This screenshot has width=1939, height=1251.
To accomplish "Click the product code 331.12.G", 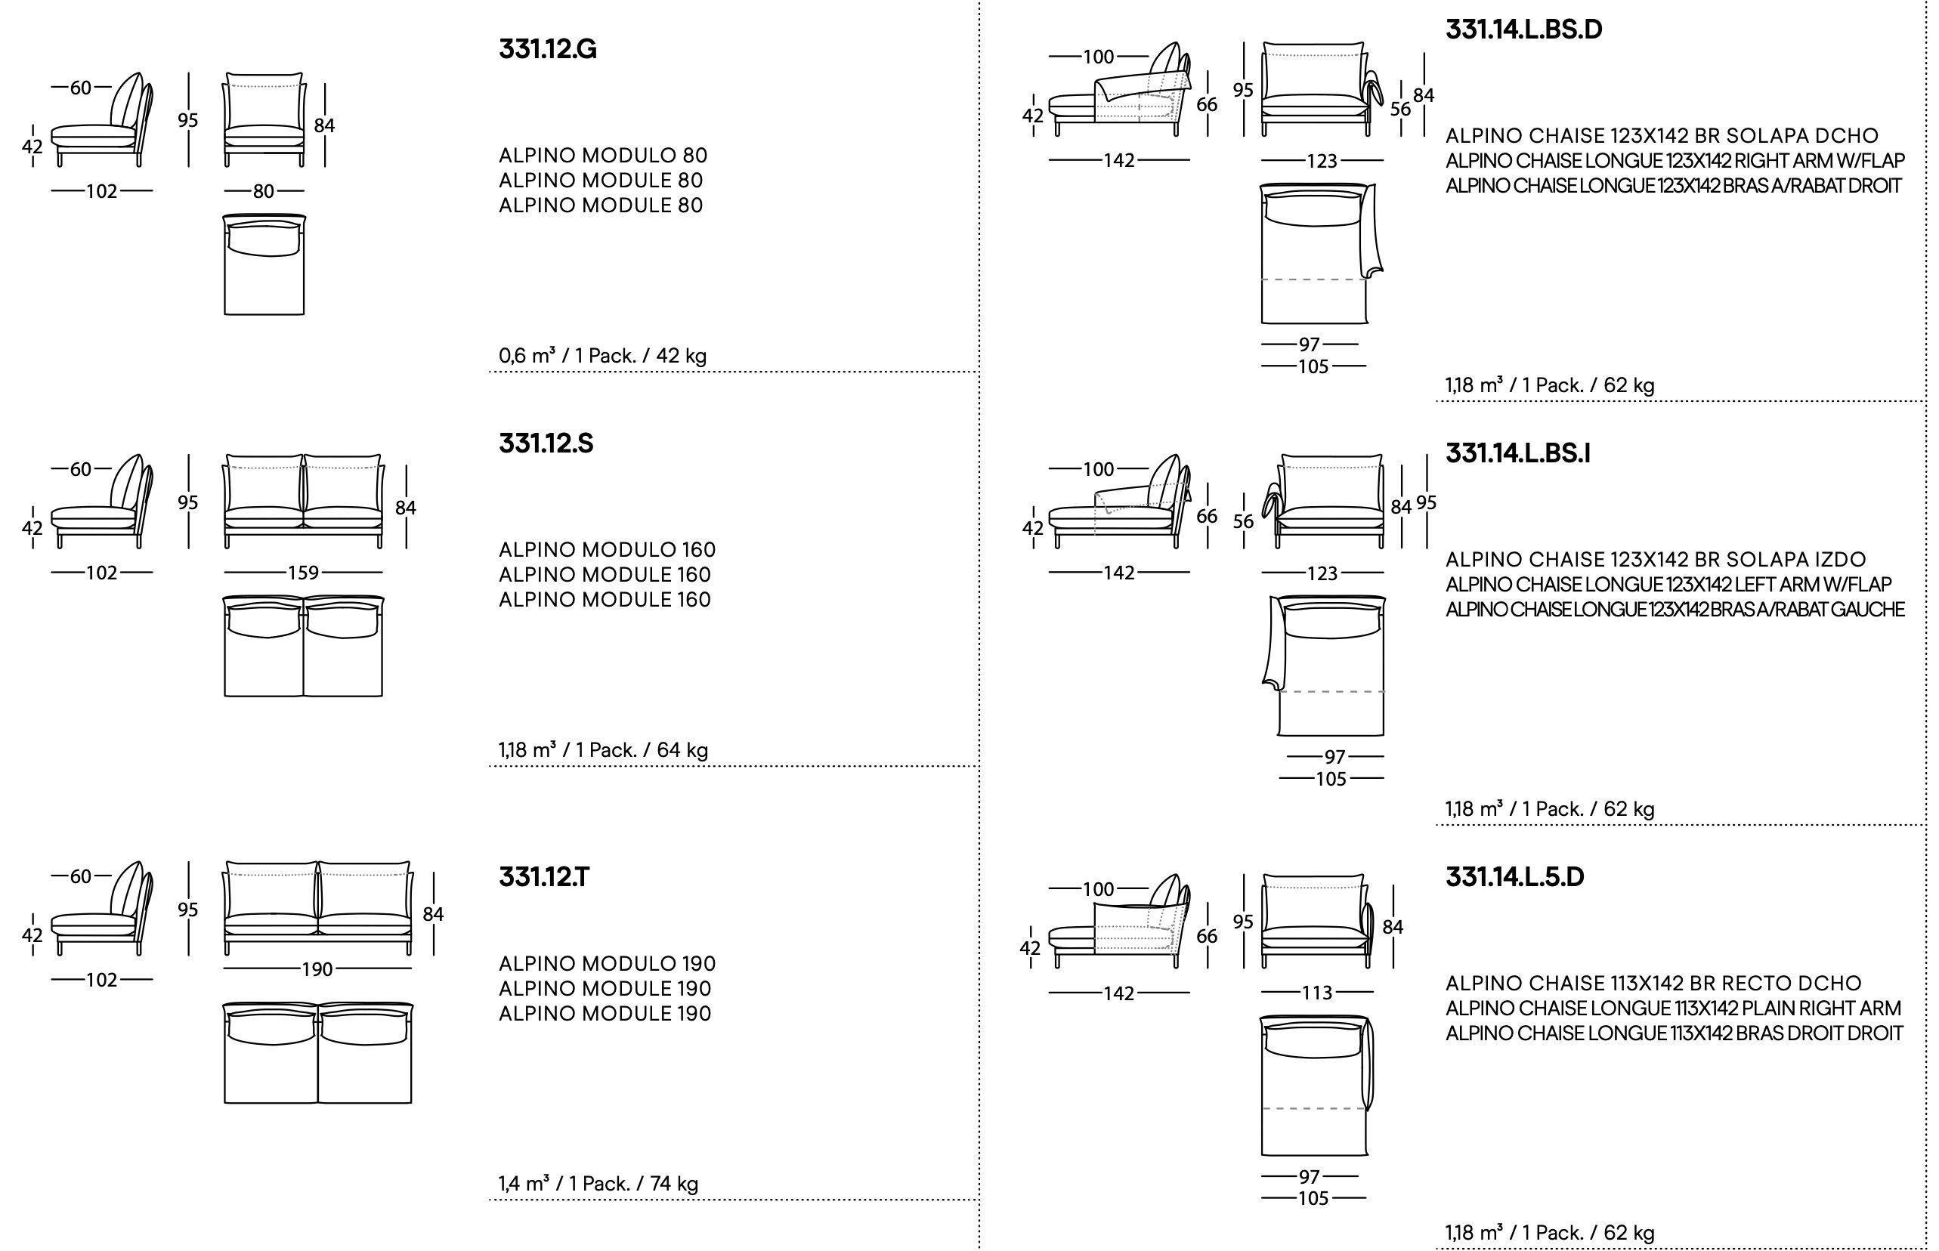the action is pos(548,50).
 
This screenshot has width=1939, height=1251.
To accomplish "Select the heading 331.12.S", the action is pos(546,443).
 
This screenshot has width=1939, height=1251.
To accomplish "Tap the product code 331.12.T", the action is pos(544,877).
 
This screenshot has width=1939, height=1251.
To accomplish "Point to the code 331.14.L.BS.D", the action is pos(1524,29).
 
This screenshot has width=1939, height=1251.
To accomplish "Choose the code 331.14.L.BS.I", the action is pos(1517,453).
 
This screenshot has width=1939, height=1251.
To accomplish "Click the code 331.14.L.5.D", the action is pos(1515,877).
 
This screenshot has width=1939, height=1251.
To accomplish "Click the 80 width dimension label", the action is pos(263,192).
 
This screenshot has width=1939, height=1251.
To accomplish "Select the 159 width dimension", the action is pos(303,573).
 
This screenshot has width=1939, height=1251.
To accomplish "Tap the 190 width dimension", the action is pos(317,969).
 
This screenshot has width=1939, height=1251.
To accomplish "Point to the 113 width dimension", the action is pos(1317,993).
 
